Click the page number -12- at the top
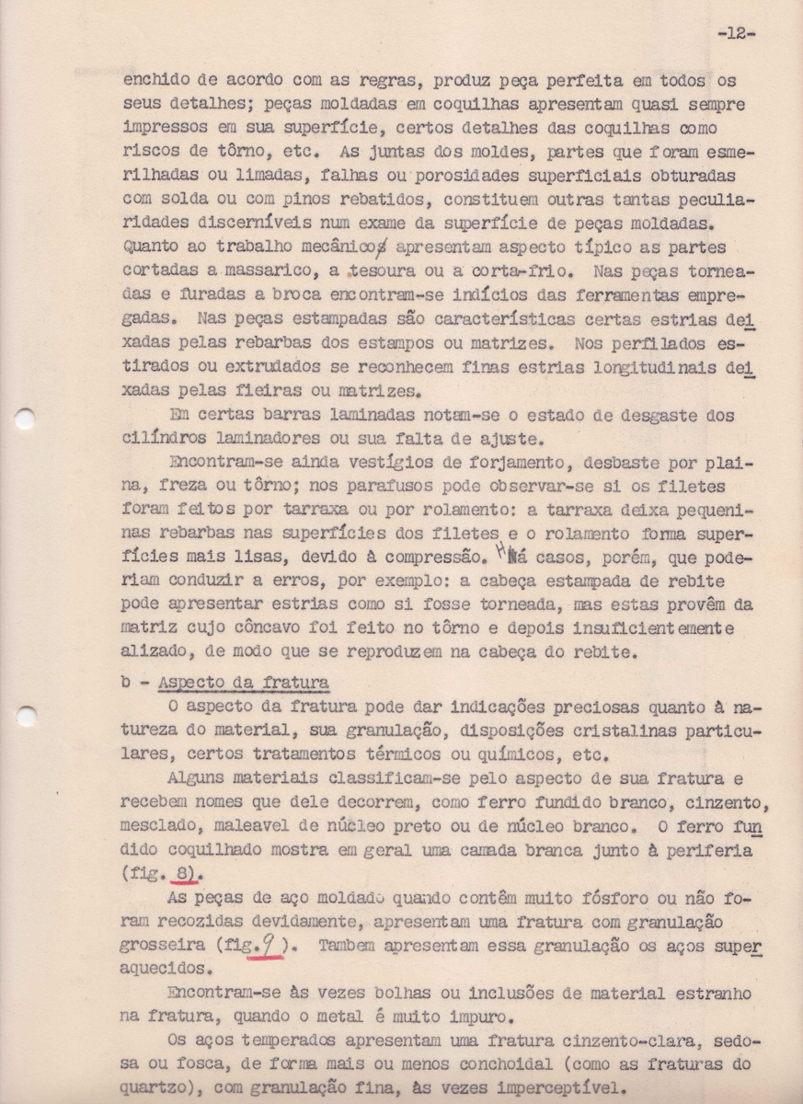click(736, 34)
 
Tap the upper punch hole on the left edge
click(27, 419)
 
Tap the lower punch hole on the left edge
click(27, 714)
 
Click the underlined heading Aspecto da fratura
click(244, 683)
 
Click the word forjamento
click(442, 462)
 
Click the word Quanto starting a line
click(156, 247)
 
